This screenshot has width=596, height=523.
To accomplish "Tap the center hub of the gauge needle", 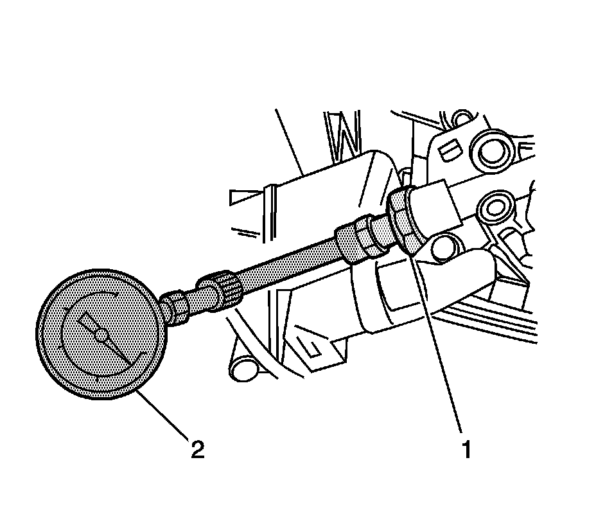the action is click(x=101, y=334).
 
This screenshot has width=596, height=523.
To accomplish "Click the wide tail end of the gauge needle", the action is click(x=85, y=319).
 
